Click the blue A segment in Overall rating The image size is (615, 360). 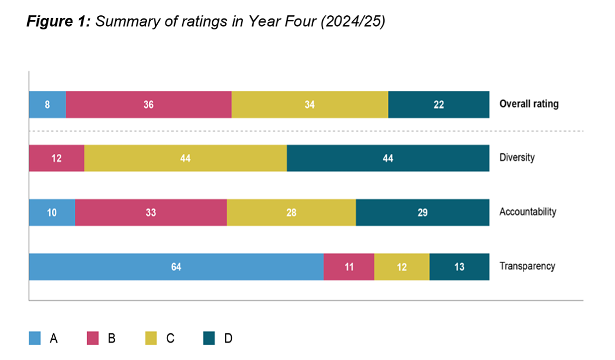pyautogui.click(x=47, y=104)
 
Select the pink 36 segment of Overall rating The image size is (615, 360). pyautogui.click(x=148, y=104)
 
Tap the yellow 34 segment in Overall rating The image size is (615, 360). pyautogui.click(x=310, y=104)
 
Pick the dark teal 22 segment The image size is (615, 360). pyautogui.click(x=438, y=104)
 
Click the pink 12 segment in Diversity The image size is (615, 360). pyautogui.click(x=57, y=158)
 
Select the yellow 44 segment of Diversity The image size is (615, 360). pyautogui.click(x=185, y=158)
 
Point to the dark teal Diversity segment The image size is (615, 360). pyautogui.click(x=388, y=158)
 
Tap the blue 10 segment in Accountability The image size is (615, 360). pyautogui.click(x=52, y=212)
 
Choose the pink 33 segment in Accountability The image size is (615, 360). pyautogui.click(x=151, y=212)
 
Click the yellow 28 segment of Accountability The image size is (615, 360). pyautogui.click(x=291, y=212)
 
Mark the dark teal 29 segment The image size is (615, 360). pyautogui.click(x=423, y=212)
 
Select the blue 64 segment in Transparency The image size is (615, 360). pyautogui.click(x=176, y=266)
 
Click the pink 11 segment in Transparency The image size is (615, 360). pyautogui.click(x=349, y=266)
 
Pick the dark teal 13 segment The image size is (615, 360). pyautogui.click(x=459, y=266)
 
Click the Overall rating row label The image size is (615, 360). pyautogui.click(x=529, y=104)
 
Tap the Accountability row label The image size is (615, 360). pyautogui.click(x=528, y=212)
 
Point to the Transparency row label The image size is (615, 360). pyautogui.click(x=527, y=266)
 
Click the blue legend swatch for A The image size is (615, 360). pyautogui.click(x=35, y=338)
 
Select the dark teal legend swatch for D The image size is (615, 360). pyautogui.click(x=209, y=338)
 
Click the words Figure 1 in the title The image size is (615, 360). pyautogui.click(x=58, y=22)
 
